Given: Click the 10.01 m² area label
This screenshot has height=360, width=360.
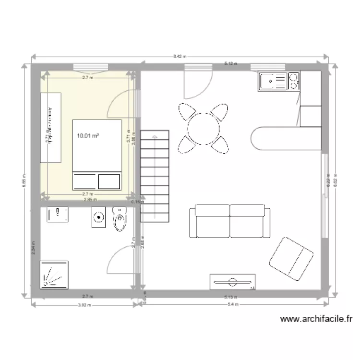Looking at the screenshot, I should pos(88,136).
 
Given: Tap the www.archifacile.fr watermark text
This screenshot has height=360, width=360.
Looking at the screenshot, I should pos(316,319).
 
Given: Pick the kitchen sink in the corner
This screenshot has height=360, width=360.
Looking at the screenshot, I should pos(272,81).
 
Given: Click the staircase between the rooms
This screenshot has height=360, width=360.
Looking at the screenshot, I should pos(155,175).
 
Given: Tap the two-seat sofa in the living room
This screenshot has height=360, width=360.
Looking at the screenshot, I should pos(229,221).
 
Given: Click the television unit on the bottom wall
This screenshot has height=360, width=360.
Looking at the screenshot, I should pos(232,282).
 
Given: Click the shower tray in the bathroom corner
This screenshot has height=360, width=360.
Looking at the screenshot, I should pos(54,275).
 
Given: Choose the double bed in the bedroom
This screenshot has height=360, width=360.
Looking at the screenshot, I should pos(96,154).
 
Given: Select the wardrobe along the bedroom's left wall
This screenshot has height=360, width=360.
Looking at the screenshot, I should pos(51,127).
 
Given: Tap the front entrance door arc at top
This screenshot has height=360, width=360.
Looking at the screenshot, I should pos(197,86).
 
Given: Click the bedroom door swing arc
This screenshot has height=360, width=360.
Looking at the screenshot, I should pos(119,106).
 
